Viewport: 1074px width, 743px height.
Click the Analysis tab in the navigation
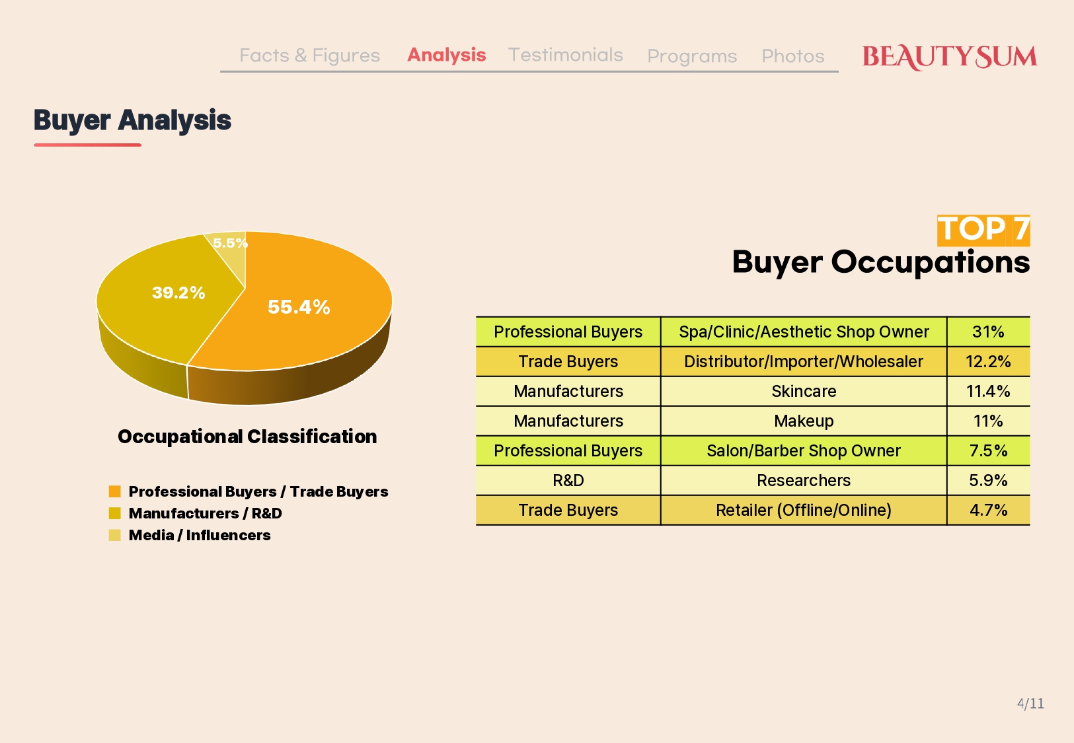(x=446, y=55)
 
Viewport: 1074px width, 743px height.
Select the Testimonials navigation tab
(x=565, y=55)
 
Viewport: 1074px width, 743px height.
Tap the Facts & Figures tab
(x=310, y=55)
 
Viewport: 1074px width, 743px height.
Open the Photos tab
(x=793, y=56)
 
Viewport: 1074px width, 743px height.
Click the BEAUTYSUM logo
(x=949, y=57)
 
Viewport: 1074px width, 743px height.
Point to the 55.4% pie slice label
(x=299, y=306)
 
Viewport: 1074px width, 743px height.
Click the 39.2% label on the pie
(x=178, y=292)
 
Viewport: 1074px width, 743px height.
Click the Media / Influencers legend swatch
(x=114, y=534)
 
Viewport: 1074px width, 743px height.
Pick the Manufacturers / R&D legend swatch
(x=114, y=513)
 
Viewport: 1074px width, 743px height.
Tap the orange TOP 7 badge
(x=983, y=230)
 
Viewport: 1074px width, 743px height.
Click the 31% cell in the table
(x=988, y=332)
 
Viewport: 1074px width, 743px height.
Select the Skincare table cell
(x=804, y=392)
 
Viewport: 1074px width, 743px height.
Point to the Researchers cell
(x=804, y=481)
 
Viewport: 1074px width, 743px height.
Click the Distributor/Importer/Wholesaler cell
(x=804, y=362)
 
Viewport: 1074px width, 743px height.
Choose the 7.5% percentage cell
(x=988, y=451)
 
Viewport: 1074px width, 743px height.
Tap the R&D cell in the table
(x=568, y=481)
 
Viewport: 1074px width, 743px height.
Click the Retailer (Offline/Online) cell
(x=804, y=510)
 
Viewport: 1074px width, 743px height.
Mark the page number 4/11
(x=1030, y=703)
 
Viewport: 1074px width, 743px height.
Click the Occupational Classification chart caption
(x=247, y=437)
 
